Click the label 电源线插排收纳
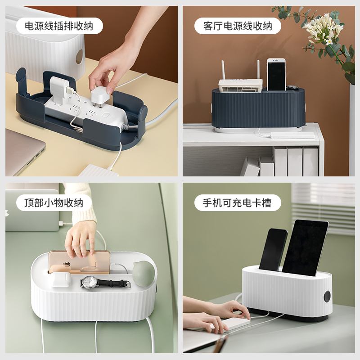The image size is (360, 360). click(x=59, y=26)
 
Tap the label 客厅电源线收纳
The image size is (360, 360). click(x=238, y=26)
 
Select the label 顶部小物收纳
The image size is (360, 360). click(x=54, y=202)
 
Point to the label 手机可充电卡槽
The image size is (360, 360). click(x=237, y=202)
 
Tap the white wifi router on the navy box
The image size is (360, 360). click(x=240, y=85)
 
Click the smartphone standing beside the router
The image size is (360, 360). click(x=276, y=74)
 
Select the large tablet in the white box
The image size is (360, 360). click(x=305, y=247)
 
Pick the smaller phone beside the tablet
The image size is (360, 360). click(x=273, y=250)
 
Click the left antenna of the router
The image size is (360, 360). click(x=223, y=70)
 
